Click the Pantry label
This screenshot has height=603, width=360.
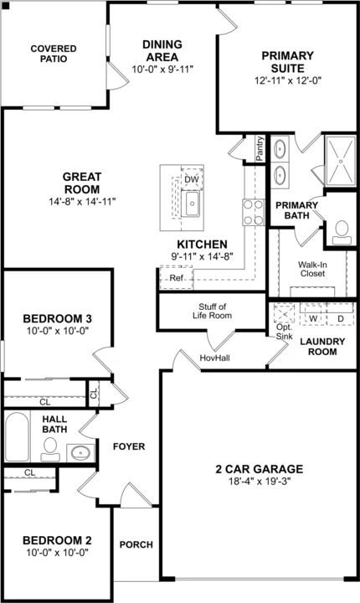260,148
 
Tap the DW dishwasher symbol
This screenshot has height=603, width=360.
192,178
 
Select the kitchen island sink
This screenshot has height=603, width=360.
191,204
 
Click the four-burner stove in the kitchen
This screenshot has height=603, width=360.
254,212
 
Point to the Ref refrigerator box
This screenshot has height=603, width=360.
176,277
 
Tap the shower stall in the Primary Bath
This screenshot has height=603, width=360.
341,161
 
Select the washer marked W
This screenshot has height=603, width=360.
313,315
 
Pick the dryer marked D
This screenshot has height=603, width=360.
340,315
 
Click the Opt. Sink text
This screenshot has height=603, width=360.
284,332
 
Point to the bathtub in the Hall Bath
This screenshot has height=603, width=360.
18,437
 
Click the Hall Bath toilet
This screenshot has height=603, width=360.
50,449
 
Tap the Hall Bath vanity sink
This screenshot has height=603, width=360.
80,453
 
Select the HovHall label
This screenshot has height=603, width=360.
214,358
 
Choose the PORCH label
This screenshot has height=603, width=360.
136,544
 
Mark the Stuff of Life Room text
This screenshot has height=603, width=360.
213,311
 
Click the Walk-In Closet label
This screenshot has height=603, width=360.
312,269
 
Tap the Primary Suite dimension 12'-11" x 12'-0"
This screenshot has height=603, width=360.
288,80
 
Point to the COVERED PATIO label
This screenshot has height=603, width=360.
54,54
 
